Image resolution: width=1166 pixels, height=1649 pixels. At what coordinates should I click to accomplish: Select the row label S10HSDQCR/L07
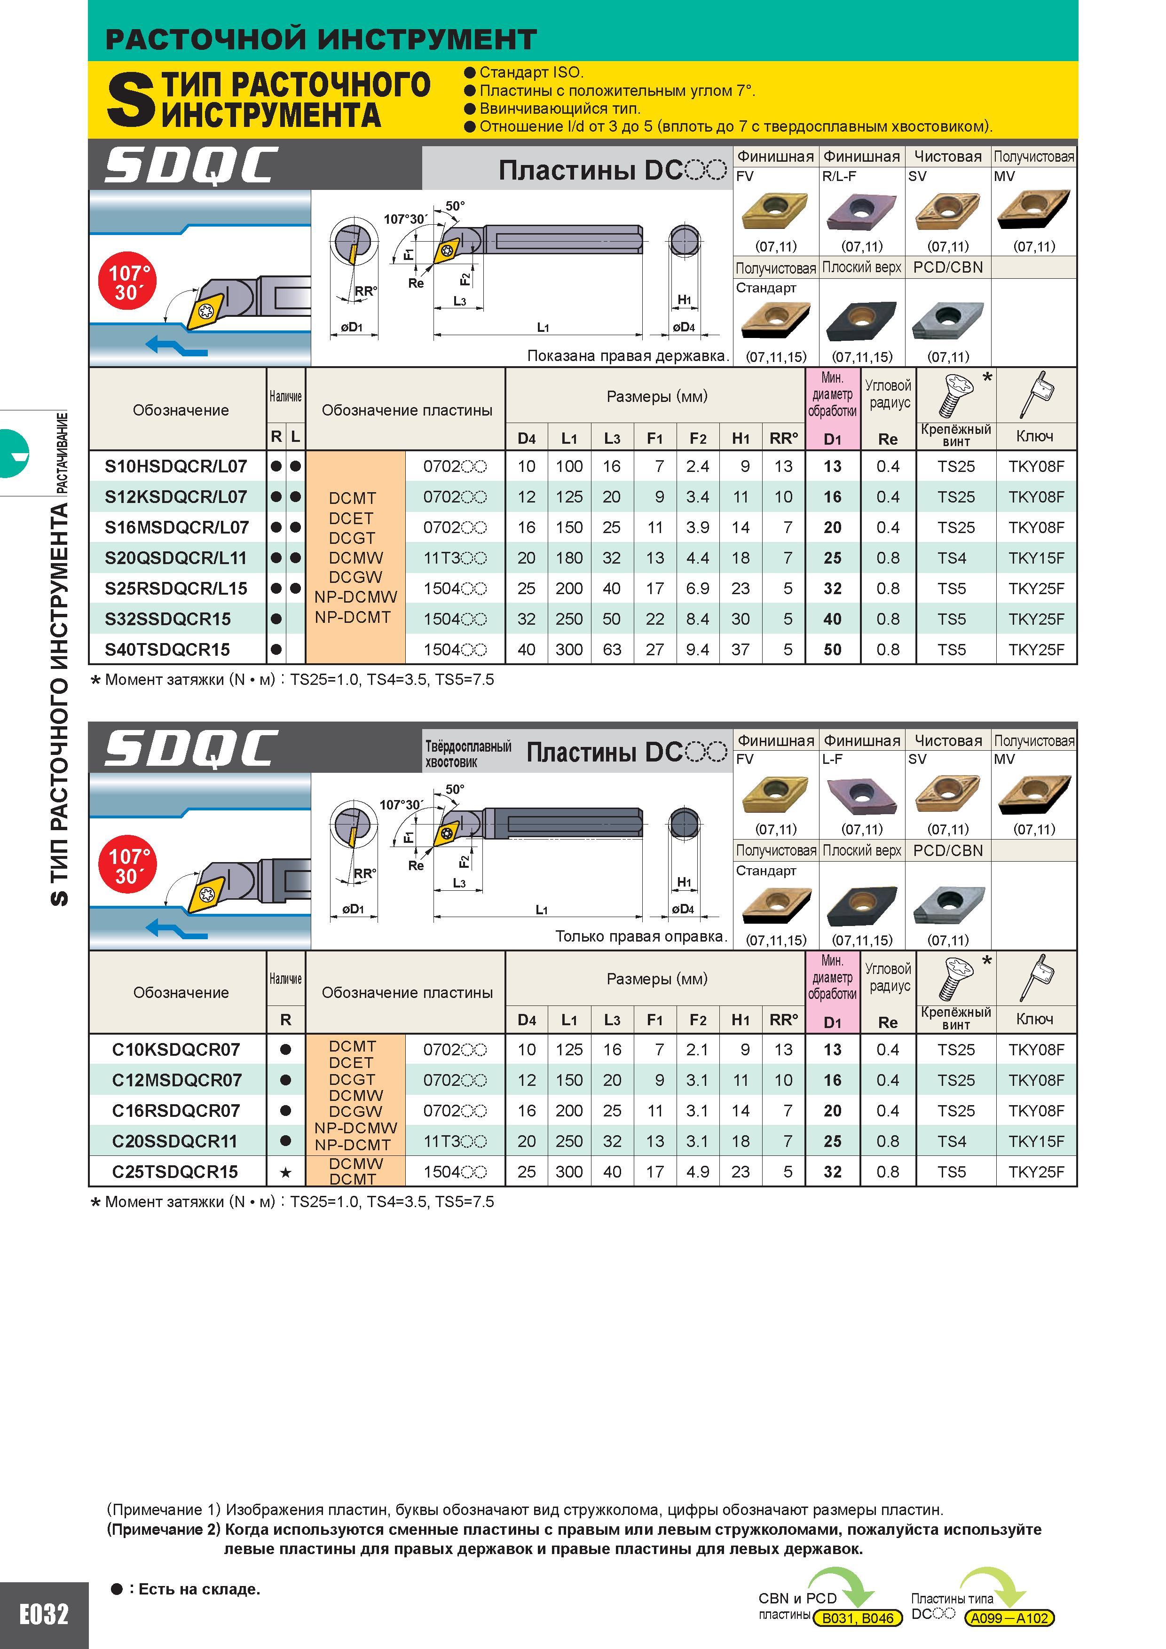[176, 466]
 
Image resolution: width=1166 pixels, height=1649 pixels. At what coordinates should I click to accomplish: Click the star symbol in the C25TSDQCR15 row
[285, 1172]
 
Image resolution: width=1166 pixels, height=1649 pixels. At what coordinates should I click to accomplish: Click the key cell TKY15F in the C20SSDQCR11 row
[1036, 1141]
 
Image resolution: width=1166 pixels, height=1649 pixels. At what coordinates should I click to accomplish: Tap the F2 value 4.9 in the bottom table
[698, 1171]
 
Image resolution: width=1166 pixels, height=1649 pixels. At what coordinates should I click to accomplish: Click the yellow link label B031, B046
[858, 1618]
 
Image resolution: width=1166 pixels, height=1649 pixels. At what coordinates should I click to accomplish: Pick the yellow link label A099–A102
[1009, 1618]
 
